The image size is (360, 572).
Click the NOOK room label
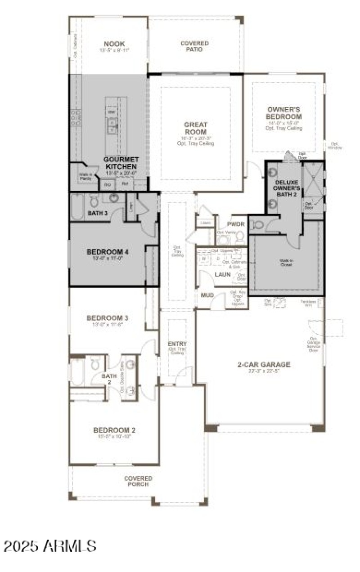tap(114, 44)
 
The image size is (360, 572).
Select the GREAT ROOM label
tap(195, 128)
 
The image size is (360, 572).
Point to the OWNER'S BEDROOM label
tap(284, 113)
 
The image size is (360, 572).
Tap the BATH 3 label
tap(97, 213)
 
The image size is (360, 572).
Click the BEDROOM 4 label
tap(108, 252)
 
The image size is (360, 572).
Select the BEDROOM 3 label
tap(108, 318)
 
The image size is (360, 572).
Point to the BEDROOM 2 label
tap(114, 430)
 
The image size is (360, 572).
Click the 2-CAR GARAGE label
tap(264, 364)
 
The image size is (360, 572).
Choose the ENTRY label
tap(177, 344)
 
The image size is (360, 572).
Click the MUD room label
tap(207, 295)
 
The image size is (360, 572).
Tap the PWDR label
tap(235, 223)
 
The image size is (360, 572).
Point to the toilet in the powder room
tap(240, 237)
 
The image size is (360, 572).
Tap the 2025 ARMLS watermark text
tap(50, 545)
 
